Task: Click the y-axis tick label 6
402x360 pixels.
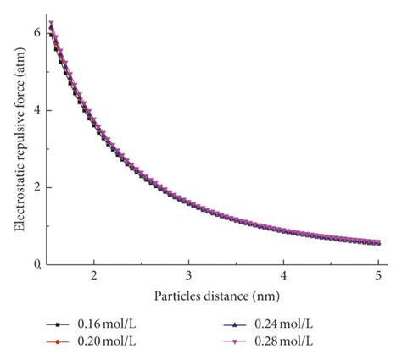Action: click(x=36, y=32)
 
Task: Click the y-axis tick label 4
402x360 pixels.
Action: click(x=36, y=110)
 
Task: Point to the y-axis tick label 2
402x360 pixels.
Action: click(x=36, y=187)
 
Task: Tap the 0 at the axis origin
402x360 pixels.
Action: click(x=36, y=265)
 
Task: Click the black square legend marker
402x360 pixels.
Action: click(x=57, y=325)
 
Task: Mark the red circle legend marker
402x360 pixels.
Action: click(x=57, y=341)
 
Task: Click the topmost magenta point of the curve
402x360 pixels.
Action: click(x=51, y=24)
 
